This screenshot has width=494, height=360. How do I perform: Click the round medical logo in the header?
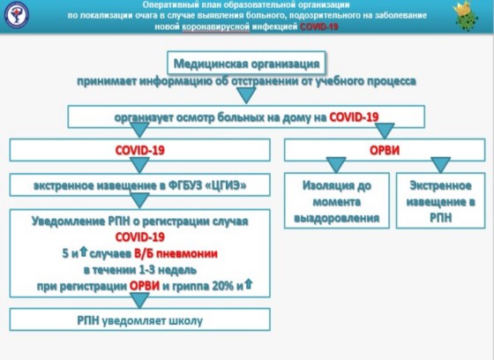click(x=17, y=15)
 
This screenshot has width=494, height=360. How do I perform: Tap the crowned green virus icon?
click(x=466, y=16)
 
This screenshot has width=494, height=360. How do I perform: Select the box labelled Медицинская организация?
click(x=246, y=64)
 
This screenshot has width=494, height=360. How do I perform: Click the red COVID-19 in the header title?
click(x=319, y=26)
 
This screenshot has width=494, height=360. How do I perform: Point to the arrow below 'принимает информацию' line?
click(x=246, y=95)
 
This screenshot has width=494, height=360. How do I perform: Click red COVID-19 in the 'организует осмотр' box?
click(x=354, y=117)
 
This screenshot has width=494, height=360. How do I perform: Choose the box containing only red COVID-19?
click(x=140, y=150)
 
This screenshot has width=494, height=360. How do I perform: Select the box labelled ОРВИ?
click(x=385, y=150)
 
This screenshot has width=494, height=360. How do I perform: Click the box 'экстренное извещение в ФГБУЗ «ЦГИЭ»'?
click(x=140, y=185)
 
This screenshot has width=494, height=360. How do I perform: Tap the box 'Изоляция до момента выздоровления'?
click(x=336, y=201)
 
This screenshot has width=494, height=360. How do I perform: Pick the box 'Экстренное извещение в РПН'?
click(x=440, y=201)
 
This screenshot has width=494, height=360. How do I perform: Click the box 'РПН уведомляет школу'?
click(x=140, y=319)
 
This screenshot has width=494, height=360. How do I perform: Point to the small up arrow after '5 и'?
click(x=83, y=251)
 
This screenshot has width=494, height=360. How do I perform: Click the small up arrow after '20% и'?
click(x=248, y=284)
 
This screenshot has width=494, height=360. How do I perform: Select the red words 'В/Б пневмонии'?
click(x=176, y=254)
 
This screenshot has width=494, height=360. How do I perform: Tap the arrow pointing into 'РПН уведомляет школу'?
click(x=139, y=300)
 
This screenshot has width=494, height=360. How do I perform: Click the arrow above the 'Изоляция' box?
click(x=336, y=165)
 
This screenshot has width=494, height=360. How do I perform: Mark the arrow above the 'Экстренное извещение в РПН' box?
click(x=440, y=165)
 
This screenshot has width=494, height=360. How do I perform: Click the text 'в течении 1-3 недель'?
click(x=140, y=270)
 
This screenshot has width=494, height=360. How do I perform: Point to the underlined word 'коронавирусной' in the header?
click(x=216, y=27)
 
